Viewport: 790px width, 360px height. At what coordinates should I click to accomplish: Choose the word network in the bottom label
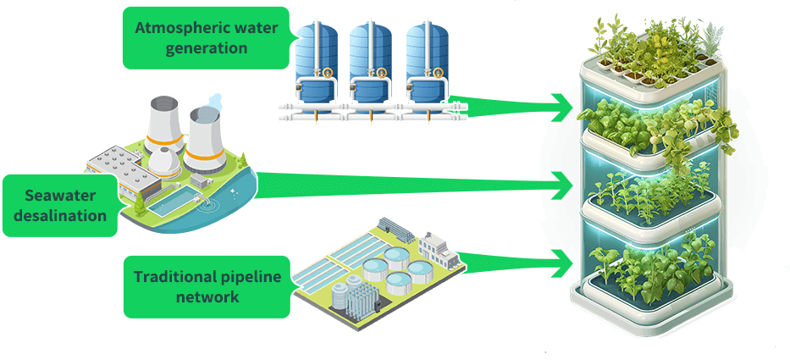pyautogui.click(x=207, y=297)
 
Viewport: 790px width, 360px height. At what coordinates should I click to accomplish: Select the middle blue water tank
pyautogui.click(x=372, y=59)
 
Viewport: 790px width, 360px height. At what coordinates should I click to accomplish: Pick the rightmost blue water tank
pyautogui.click(x=425, y=59)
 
